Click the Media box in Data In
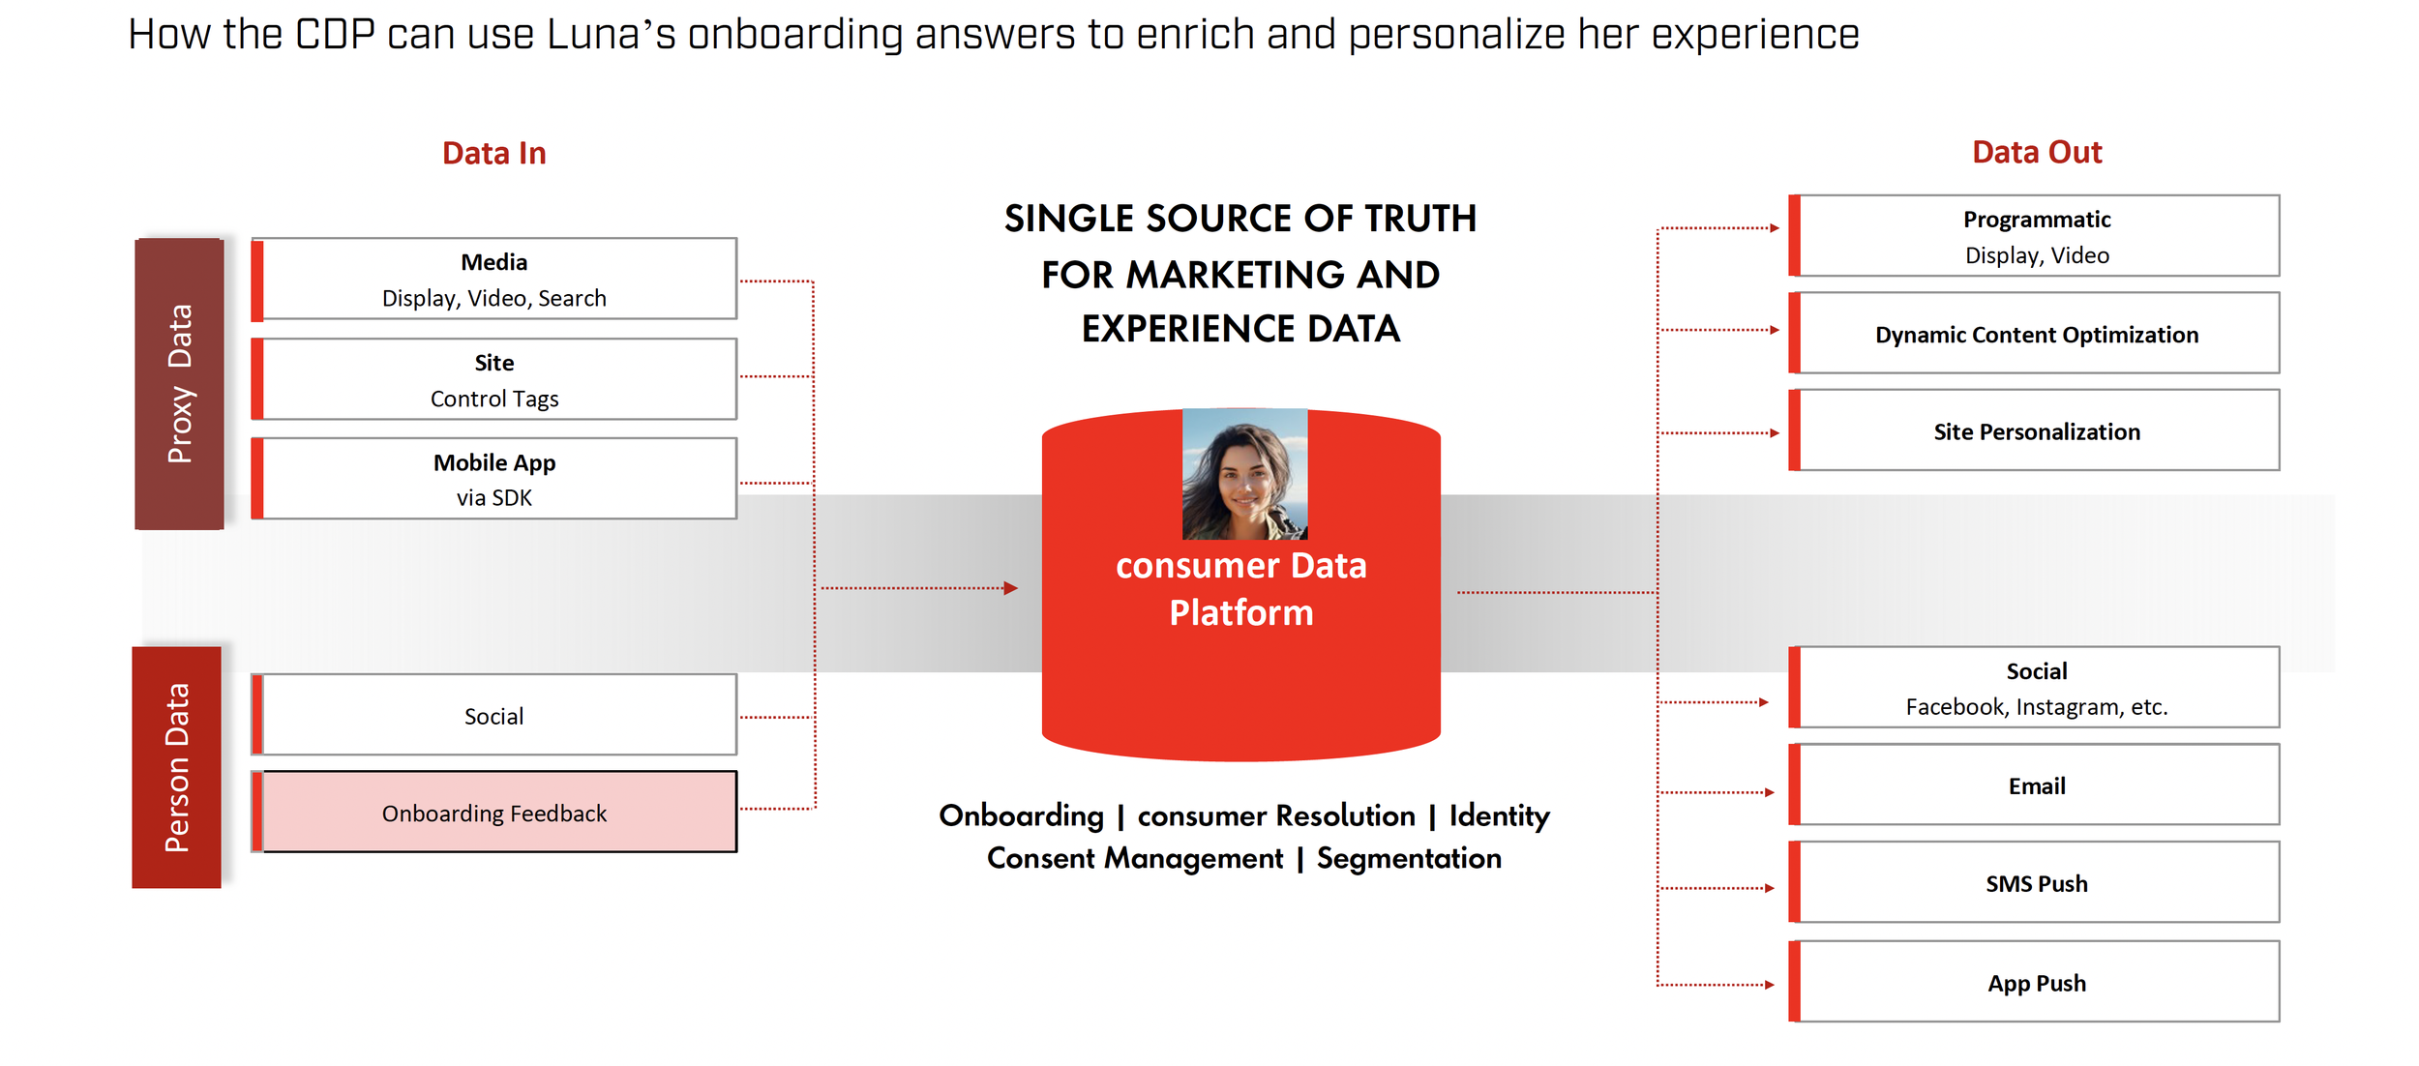coord(494,279)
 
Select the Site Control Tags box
coord(494,379)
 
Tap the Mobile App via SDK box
coord(494,479)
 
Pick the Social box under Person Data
coord(494,715)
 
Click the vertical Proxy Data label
coord(180,384)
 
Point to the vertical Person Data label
coord(177,767)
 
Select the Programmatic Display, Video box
coord(2037,236)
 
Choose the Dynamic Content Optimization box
coord(2037,334)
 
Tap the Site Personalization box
coord(2037,430)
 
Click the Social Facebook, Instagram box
coord(2037,688)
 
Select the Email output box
coord(2037,785)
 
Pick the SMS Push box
coord(2037,883)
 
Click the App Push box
coord(2037,983)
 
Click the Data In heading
coord(494,153)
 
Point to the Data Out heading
coord(2037,152)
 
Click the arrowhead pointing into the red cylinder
coord(1011,588)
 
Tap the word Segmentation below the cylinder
coord(1409,858)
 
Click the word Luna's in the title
coord(611,35)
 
